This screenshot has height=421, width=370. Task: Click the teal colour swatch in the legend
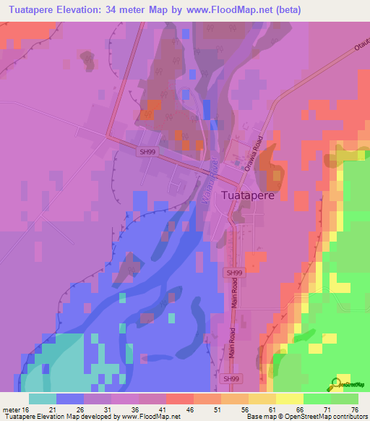(x=42, y=398)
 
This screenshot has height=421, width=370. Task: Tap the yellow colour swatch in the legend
(x=289, y=398)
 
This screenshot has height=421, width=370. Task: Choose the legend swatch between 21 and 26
(x=69, y=398)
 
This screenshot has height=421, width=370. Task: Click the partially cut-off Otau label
(x=361, y=48)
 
